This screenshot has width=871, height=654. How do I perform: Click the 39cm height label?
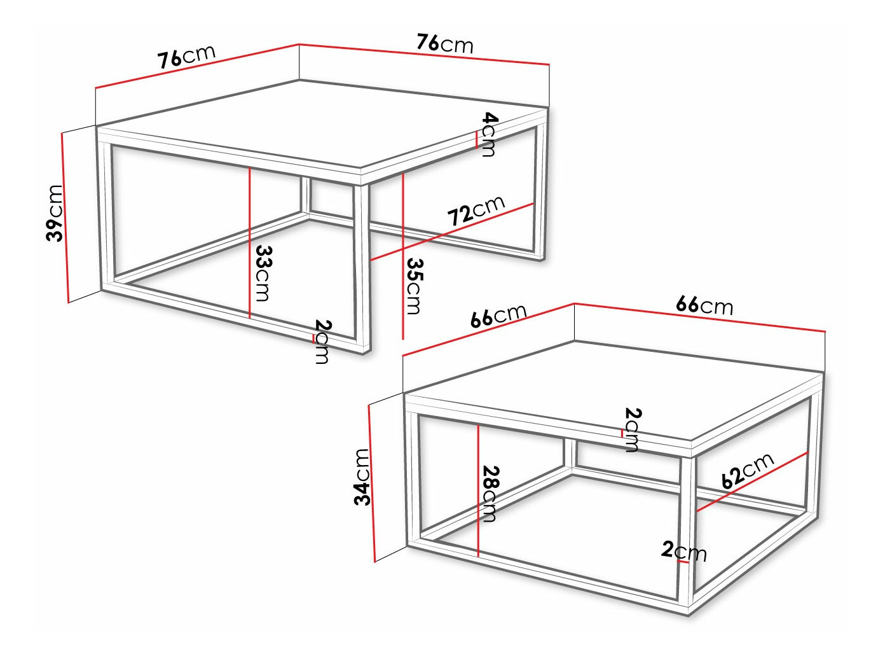point(55,213)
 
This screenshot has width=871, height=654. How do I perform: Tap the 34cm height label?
point(362,477)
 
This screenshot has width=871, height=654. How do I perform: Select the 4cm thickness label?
point(489,134)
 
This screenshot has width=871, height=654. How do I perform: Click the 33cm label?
point(263,274)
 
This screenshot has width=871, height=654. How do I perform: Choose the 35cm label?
point(415,286)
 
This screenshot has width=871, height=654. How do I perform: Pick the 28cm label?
point(490,494)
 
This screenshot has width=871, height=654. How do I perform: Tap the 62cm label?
point(748,471)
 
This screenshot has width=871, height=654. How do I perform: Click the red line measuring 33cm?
point(250,242)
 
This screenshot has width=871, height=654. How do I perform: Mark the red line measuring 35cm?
point(403,254)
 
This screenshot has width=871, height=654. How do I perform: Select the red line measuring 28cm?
point(478,490)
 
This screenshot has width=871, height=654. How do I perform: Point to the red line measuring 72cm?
point(451,232)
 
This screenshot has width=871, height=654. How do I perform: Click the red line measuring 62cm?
point(752,482)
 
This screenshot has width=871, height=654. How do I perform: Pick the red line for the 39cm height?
point(65,216)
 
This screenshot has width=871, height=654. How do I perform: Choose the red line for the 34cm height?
point(372,484)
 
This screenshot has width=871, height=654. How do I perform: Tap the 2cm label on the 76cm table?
point(322,342)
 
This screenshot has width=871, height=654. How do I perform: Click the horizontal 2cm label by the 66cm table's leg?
point(683,550)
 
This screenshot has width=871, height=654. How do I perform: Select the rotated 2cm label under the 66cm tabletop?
point(632,429)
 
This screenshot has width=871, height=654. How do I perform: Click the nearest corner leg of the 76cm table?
point(362,267)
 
